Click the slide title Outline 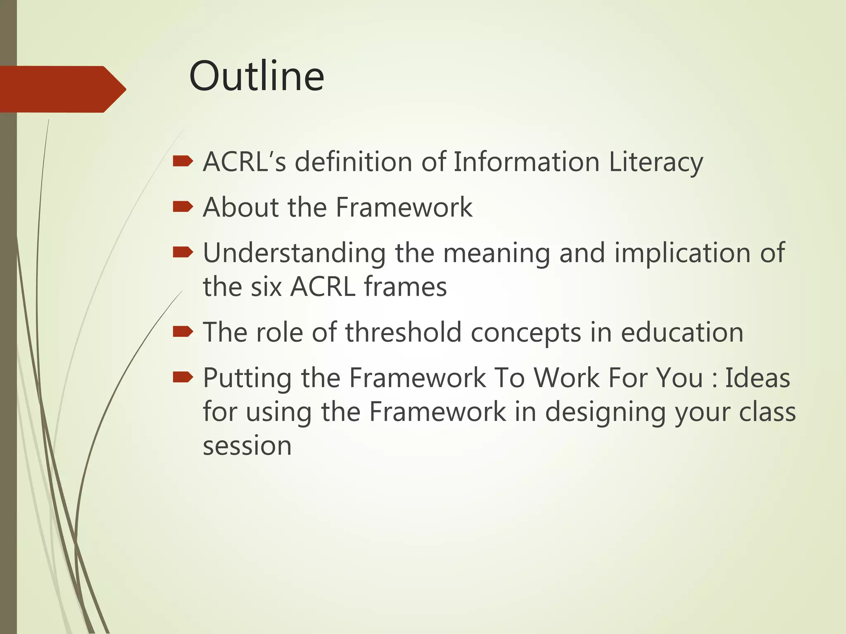(x=257, y=76)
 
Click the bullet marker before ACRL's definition (x=183, y=161)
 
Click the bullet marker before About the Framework (x=183, y=207)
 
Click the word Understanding (x=295, y=253)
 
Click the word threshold (x=403, y=332)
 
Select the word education (x=682, y=332)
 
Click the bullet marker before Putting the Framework (x=183, y=377)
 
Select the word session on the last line (x=247, y=446)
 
